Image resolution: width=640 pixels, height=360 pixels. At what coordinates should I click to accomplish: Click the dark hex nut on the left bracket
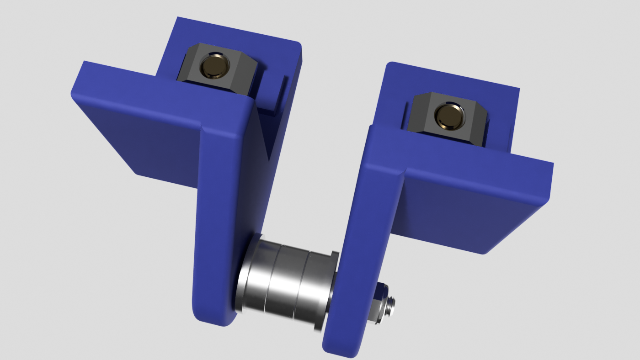[192, 69]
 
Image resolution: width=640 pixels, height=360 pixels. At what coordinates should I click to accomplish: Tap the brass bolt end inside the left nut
[214, 66]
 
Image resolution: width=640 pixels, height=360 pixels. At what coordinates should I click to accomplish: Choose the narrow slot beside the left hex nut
[279, 94]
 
